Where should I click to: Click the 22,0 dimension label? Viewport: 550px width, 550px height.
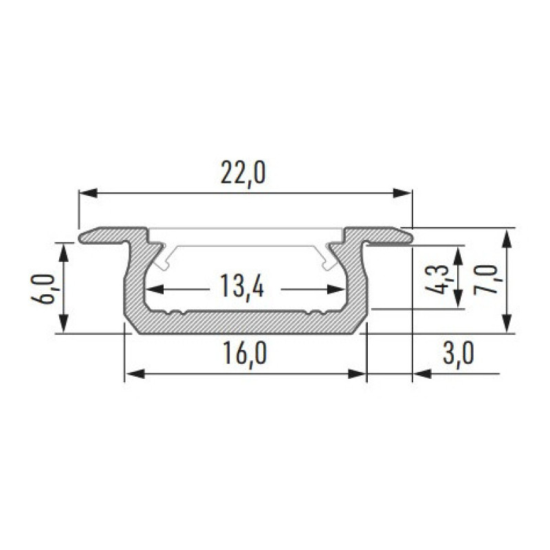point(243,174)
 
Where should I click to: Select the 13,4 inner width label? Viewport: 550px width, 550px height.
point(242,286)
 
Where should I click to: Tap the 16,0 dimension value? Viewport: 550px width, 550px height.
point(245,354)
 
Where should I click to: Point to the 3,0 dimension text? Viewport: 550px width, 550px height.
point(459,354)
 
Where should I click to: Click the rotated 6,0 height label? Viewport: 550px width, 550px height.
point(43,289)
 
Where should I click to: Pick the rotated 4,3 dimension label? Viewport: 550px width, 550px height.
point(437,279)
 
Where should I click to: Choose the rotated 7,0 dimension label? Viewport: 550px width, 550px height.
point(486,280)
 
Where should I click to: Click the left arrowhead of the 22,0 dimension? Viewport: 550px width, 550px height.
point(88,193)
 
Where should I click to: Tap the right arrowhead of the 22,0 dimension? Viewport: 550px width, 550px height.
point(402,193)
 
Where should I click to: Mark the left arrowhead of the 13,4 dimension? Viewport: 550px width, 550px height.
point(155,289)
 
